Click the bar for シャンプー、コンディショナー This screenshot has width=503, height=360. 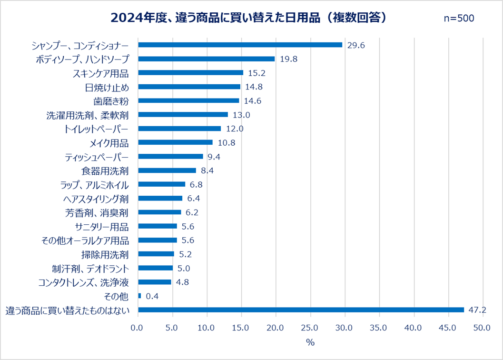[x=240, y=45]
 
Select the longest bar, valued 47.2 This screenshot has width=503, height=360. [x=301, y=310]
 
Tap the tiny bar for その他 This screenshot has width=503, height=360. [x=139, y=296]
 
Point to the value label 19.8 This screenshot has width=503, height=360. [x=288, y=59]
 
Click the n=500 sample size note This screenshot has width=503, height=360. [x=459, y=18]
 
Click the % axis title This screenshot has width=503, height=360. [x=310, y=342]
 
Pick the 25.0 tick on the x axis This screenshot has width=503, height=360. [x=310, y=328]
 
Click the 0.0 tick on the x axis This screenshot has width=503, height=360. [x=137, y=328]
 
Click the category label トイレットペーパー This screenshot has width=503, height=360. [x=96, y=129]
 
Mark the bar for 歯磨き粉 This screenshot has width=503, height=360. [x=188, y=100]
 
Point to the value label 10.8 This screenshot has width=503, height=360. [x=226, y=142]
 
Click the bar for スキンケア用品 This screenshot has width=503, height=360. [x=190, y=73]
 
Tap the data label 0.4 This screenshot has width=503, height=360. [x=152, y=296]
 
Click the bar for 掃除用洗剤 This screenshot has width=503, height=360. [x=156, y=254]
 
